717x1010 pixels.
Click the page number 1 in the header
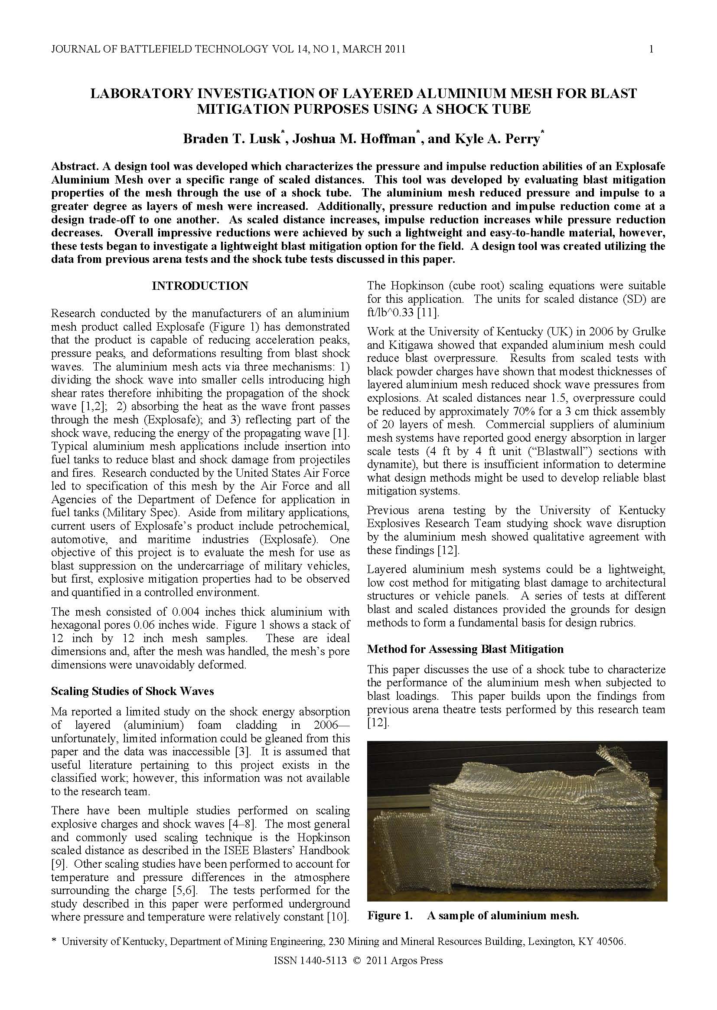click(651, 49)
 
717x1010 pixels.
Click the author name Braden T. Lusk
click(231, 139)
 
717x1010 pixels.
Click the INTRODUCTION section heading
click(200, 286)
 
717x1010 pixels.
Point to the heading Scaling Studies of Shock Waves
click(133, 691)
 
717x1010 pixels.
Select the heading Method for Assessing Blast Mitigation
click(465, 649)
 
